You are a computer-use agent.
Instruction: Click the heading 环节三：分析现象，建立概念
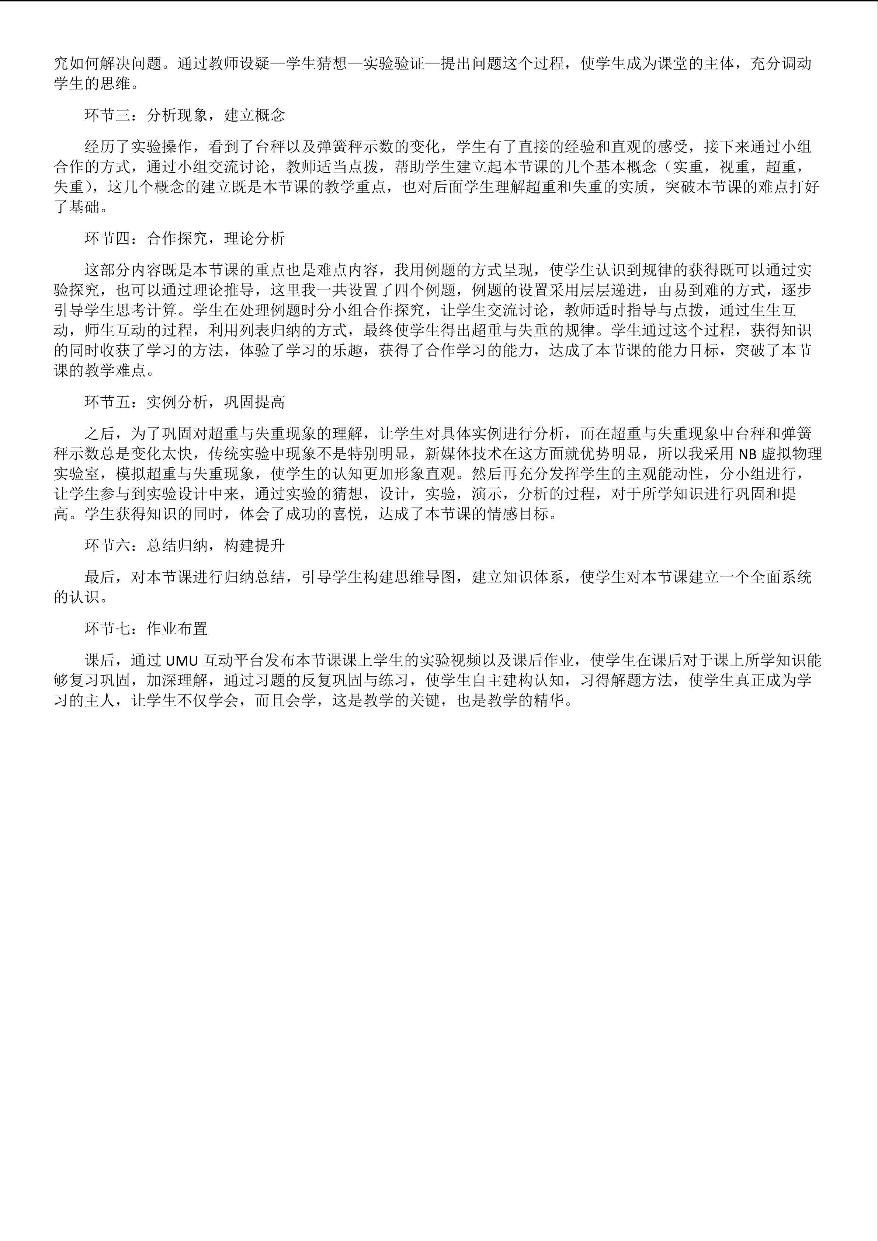point(185,115)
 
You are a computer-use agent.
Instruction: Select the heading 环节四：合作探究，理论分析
point(185,238)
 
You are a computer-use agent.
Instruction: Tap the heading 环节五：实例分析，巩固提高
point(185,402)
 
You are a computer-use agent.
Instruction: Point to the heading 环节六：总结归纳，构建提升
point(185,546)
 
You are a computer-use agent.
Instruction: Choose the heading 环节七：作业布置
point(146,628)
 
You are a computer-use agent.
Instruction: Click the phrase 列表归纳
point(255,330)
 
